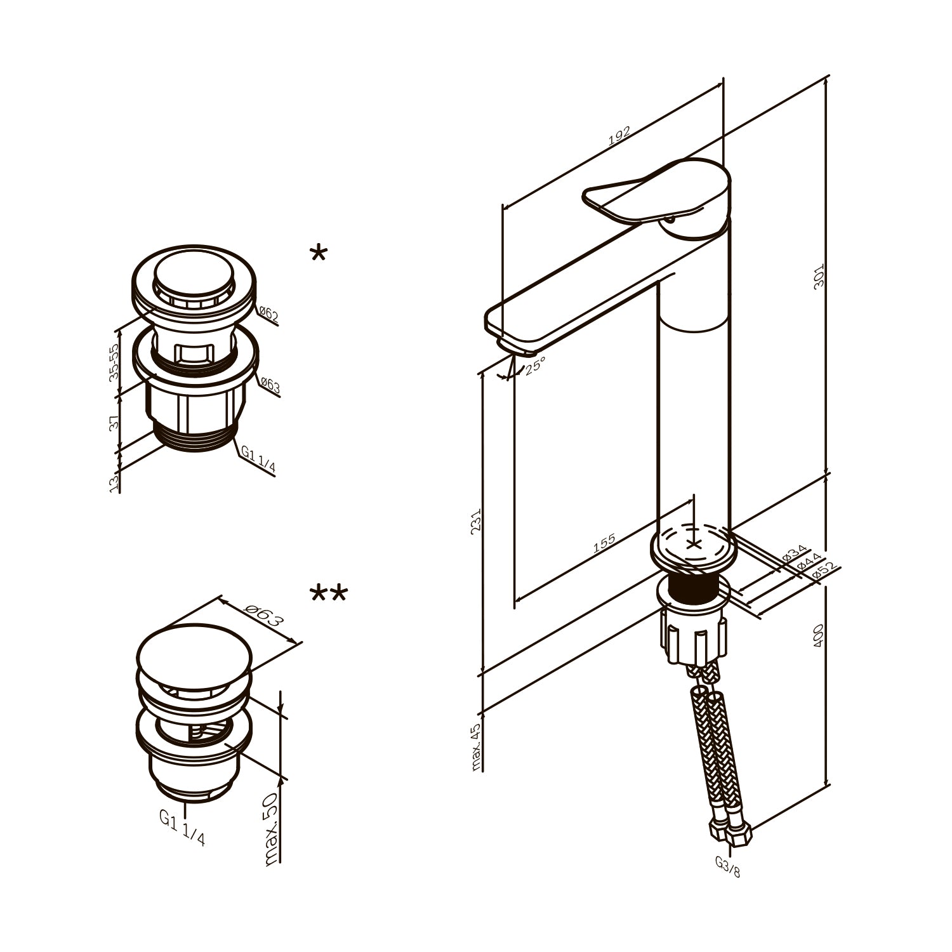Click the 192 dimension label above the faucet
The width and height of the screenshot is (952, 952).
click(x=619, y=136)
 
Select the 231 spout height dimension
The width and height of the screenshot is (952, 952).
click(x=476, y=522)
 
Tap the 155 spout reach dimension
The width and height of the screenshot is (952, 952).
click(x=604, y=544)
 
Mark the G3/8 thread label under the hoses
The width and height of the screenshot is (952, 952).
click(x=728, y=866)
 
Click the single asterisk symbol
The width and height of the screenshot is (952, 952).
click(x=318, y=255)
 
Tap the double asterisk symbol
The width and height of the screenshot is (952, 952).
click(x=329, y=594)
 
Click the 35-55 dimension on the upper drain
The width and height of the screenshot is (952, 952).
click(x=114, y=362)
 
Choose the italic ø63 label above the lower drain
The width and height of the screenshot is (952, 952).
click(x=261, y=615)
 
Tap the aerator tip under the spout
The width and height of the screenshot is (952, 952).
click(x=519, y=348)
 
